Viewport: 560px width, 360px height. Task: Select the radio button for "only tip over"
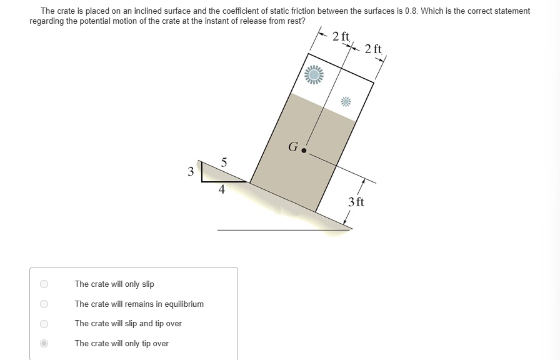coord(44,343)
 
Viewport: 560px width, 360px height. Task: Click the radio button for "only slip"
coord(44,284)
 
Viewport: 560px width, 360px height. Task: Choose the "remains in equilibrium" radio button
coord(44,304)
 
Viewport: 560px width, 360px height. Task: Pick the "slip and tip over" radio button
coord(44,324)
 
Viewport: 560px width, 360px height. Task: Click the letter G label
coord(292,147)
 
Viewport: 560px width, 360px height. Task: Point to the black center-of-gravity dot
coord(304,151)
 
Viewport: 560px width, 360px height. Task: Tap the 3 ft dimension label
coord(356,202)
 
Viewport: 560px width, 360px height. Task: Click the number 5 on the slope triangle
coord(224,163)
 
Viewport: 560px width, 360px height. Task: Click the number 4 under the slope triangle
coord(222,191)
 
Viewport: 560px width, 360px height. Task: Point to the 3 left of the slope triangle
coord(191,171)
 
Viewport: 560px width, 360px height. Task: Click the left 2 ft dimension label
coord(341,36)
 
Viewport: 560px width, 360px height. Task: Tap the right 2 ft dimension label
coord(373,48)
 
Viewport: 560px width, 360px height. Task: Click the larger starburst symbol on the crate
coord(314,75)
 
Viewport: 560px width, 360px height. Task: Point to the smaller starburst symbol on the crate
coord(346,101)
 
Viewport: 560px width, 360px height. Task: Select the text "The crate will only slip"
coord(114,284)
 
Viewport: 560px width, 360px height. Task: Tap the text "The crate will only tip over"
coord(122,343)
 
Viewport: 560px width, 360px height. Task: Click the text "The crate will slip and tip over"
coord(128,324)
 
